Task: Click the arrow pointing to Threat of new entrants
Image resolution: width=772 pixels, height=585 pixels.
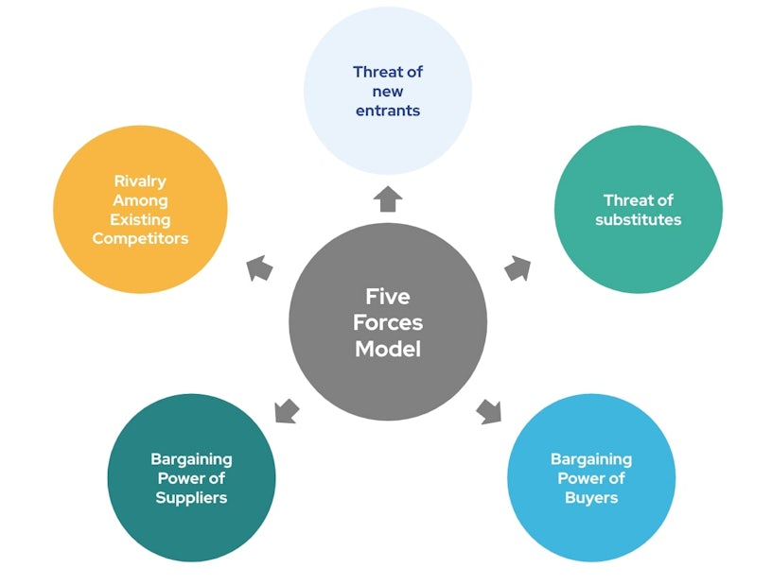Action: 388,199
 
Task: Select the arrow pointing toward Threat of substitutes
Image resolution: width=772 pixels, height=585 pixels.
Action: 518,268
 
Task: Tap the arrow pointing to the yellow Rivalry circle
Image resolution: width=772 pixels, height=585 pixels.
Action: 259,268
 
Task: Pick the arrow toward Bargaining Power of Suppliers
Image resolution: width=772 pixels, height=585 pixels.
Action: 286,411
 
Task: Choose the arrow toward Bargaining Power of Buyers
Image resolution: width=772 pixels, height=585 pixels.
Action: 488,411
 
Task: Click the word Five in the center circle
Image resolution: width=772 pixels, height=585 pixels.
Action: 388,297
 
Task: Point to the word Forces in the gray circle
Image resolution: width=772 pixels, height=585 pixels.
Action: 388,322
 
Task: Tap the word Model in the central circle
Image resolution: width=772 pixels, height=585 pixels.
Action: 388,348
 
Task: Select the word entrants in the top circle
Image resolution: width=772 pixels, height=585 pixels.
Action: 388,111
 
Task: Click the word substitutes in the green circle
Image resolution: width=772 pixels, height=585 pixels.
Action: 639,220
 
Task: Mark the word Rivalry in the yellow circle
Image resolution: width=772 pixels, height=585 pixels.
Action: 140,181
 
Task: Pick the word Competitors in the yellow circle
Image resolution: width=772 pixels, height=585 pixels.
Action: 140,238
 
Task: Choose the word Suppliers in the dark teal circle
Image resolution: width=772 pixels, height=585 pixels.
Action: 192,498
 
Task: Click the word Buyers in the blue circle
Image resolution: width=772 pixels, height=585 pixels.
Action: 591,498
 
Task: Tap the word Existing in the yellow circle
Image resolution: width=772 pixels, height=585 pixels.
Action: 140,219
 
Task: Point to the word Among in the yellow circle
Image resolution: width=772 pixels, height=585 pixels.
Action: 140,200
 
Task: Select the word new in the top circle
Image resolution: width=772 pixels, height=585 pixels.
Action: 388,92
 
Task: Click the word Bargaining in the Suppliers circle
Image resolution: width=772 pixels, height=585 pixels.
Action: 192,459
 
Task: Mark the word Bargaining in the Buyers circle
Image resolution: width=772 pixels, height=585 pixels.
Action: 591,459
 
